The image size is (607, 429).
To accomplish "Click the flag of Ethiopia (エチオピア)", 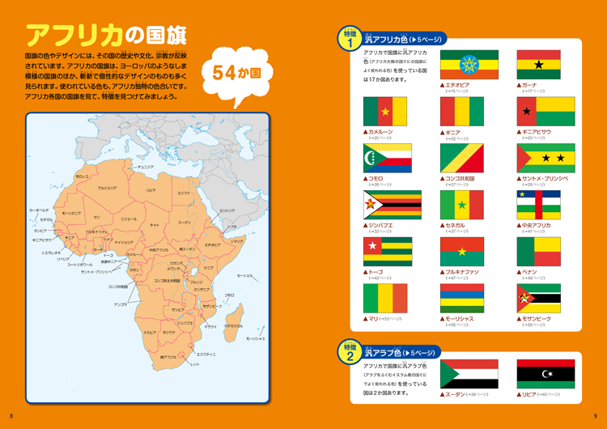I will [x=469, y=65].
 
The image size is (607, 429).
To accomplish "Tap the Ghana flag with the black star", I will [x=539, y=65].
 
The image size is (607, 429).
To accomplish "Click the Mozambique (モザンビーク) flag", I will [x=539, y=299].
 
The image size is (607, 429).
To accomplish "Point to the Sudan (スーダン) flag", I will [x=469, y=374].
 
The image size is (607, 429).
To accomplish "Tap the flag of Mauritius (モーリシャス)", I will [x=462, y=299].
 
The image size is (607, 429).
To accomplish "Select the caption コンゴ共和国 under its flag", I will [x=461, y=177].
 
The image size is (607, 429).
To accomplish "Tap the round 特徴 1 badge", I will [x=350, y=39].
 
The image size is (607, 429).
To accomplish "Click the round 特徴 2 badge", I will [x=350, y=352].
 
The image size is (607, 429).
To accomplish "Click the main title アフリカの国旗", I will [x=106, y=35].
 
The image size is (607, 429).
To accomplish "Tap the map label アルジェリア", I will [x=108, y=188].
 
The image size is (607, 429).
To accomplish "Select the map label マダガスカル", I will [x=233, y=326].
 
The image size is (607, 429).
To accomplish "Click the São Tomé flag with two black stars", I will [x=545, y=159].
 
